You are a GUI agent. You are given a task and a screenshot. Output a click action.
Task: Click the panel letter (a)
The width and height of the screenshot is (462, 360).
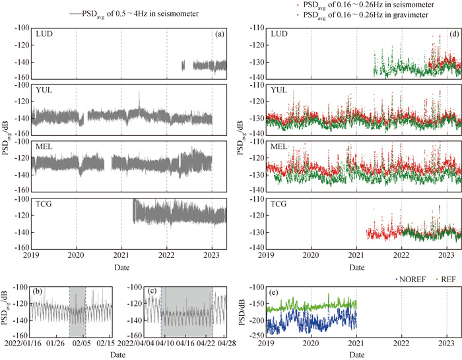[x=218, y=34]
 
